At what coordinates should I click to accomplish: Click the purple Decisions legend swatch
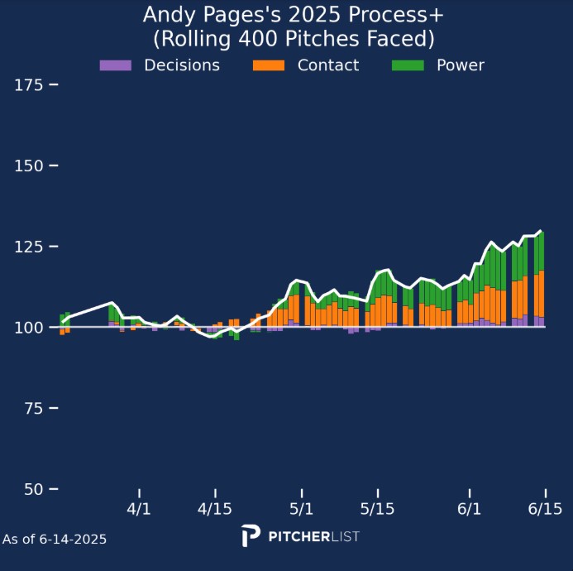115,65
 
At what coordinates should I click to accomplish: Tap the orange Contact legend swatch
269,65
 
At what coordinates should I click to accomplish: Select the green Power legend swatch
408,65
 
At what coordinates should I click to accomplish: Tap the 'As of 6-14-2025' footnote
55,540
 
